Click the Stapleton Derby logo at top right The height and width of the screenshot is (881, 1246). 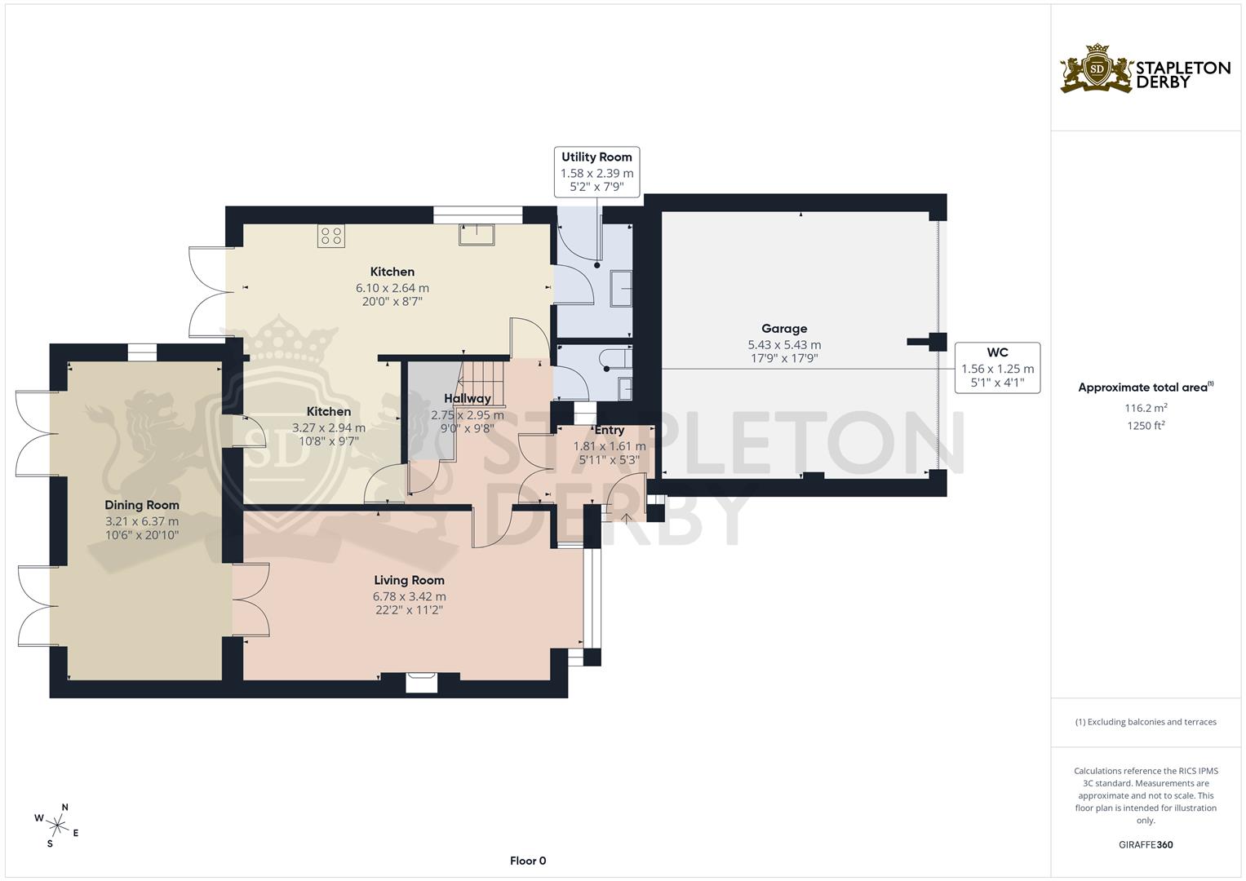(x=1144, y=69)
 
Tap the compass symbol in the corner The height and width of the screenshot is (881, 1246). (x=57, y=823)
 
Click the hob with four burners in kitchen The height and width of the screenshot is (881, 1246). (x=332, y=236)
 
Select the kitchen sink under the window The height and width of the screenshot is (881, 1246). (x=476, y=234)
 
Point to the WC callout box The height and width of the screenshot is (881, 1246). (x=997, y=368)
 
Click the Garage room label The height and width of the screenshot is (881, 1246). (x=784, y=329)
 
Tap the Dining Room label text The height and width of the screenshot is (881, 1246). (x=142, y=505)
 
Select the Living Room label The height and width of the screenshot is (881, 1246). (x=409, y=580)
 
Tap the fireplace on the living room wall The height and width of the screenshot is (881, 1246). (x=422, y=682)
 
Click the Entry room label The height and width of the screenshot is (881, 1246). (x=610, y=431)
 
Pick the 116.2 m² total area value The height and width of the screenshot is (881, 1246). (x=1146, y=407)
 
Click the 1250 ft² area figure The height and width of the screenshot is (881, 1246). (x=1146, y=425)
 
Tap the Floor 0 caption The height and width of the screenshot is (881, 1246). (x=527, y=861)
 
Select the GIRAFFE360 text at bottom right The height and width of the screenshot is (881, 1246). (x=1145, y=844)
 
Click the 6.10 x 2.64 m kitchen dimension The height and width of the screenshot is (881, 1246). (x=392, y=288)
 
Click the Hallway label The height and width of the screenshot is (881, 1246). (x=468, y=398)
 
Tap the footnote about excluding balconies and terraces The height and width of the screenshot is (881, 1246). (x=1146, y=722)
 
